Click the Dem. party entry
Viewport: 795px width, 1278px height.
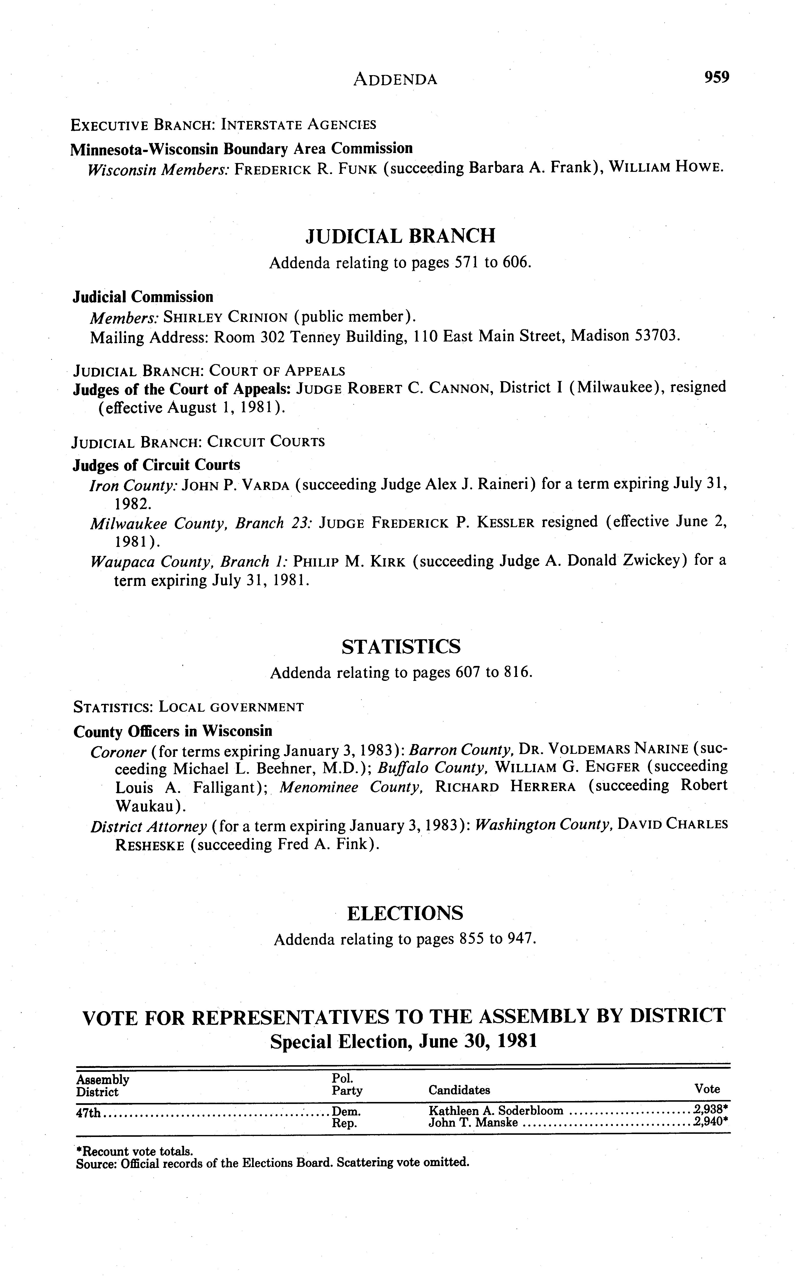click(x=347, y=1111)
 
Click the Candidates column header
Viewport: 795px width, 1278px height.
click(x=459, y=1090)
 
